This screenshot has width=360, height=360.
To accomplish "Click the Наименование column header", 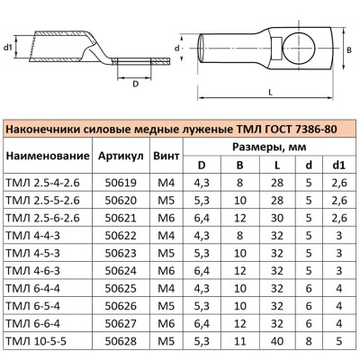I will click(46, 156).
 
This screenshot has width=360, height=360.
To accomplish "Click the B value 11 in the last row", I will click(239, 343).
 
